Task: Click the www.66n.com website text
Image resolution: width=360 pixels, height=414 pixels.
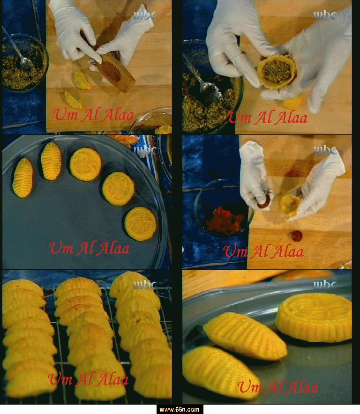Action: click(x=180, y=409)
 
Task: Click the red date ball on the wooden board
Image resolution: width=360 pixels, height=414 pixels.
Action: click(x=297, y=236)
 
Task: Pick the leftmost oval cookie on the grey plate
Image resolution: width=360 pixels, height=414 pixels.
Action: click(x=22, y=177)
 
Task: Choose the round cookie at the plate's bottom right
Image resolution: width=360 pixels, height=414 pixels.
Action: click(x=141, y=224)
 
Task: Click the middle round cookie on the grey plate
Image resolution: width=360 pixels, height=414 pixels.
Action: click(x=118, y=189)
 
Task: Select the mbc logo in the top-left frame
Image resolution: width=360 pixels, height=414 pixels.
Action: click(x=144, y=15)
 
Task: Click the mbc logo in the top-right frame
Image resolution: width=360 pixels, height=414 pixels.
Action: click(x=325, y=15)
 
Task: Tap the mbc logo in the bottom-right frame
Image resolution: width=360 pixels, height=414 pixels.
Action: click(x=325, y=285)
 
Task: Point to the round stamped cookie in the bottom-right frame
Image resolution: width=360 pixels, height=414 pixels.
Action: click(x=314, y=317)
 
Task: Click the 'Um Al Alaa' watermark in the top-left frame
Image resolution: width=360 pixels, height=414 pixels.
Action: click(x=94, y=115)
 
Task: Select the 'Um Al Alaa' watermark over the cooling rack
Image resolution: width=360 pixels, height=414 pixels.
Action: click(x=89, y=379)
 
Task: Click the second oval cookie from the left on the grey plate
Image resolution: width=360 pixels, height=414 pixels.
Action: click(x=51, y=161)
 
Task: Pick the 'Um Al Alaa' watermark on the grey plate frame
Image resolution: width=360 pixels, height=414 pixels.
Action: click(x=90, y=249)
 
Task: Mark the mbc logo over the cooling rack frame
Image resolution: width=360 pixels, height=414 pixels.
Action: click(x=144, y=285)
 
